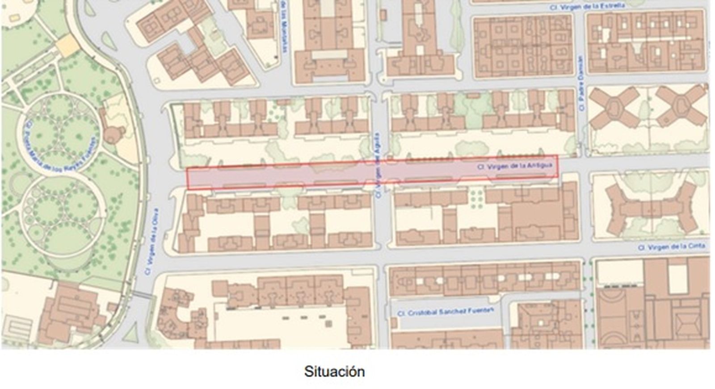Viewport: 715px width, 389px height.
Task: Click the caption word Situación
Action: pos(334,372)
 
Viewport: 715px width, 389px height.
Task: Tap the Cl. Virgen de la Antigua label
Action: pos(515,166)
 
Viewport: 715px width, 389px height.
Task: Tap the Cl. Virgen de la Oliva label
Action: pos(151,241)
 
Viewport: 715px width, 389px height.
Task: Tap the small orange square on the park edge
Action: pos(67,45)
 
